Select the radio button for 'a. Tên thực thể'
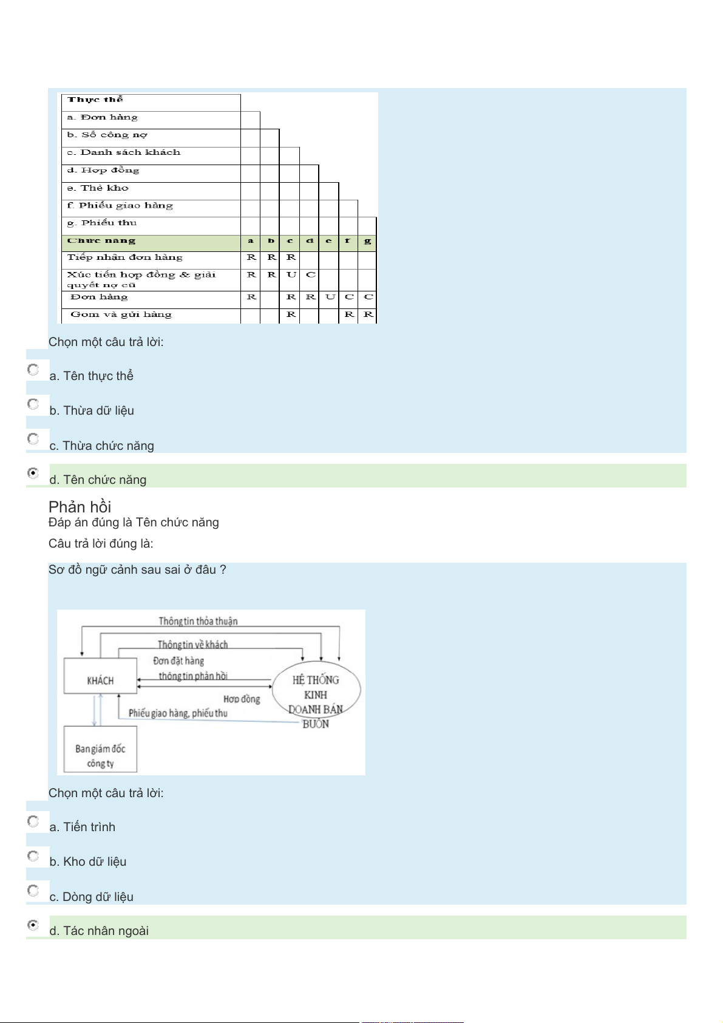[x=33, y=370]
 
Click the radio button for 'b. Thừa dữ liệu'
[x=33, y=404]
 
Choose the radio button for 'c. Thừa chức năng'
[x=33, y=439]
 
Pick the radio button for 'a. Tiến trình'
[x=33, y=821]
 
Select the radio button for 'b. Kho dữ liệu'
[x=33, y=856]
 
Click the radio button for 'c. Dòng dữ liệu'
[x=33, y=891]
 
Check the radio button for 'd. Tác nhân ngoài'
[x=33, y=925]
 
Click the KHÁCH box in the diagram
[x=100, y=681]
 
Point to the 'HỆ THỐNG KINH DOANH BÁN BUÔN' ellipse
[x=316, y=692]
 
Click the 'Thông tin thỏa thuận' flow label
[x=198, y=621]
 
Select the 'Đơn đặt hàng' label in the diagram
[x=178, y=661]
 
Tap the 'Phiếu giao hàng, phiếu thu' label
[x=178, y=713]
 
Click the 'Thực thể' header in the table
[x=95, y=100]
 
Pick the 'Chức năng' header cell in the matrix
[x=101, y=241]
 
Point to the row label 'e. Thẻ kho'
[x=98, y=188]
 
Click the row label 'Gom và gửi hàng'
[x=121, y=314]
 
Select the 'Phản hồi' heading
[x=80, y=507]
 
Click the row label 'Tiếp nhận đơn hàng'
[x=124, y=257]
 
